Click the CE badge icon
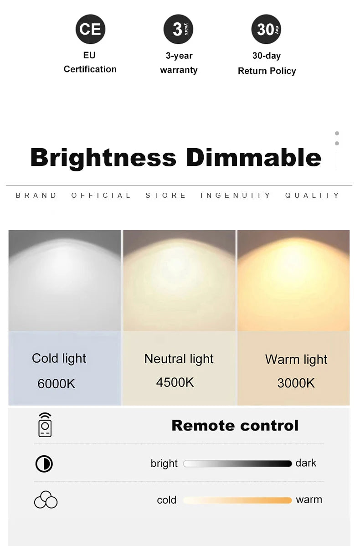(x=90, y=29)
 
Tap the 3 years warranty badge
(x=178, y=29)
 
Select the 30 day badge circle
(x=266, y=29)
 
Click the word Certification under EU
(x=90, y=69)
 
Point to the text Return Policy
(x=267, y=71)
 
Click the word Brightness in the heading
(x=103, y=158)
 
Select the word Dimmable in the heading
(x=254, y=157)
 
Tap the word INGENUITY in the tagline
(x=235, y=196)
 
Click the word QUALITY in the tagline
(x=312, y=196)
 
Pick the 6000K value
(x=57, y=384)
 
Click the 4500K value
(x=175, y=382)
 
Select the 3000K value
(x=296, y=383)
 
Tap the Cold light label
(x=59, y=359)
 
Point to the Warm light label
(x=296, y=360)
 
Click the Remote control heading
(x=235, y=426)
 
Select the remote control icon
(x=45, y=425)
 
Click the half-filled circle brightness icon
(x=44, y=464)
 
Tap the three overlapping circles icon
(x=46, y=500)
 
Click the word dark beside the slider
(x=306, y=463)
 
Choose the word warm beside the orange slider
(x=309, y=500)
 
